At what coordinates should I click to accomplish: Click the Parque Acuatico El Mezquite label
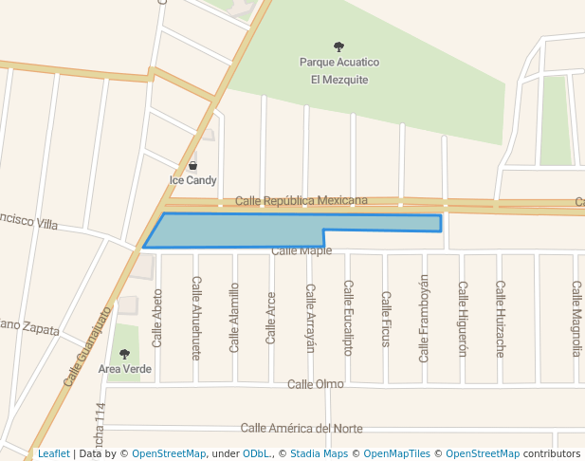point(339,71)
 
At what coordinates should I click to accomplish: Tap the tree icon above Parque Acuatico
point(339,46)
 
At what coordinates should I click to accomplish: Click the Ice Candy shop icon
point(193,165)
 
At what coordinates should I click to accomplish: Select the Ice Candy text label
point(193,180)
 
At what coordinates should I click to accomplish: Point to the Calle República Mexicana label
point(301,200)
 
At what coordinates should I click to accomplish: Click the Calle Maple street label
point(302,251)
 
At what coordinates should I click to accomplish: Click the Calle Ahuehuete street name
point(196,318)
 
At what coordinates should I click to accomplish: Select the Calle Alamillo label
point(234,318)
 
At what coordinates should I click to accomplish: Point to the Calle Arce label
point(271,318)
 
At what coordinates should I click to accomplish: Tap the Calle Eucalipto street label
point(348,318)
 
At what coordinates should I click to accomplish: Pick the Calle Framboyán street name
point(424,318)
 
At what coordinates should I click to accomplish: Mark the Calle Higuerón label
point(463,318)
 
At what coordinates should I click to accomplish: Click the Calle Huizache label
point(500,318)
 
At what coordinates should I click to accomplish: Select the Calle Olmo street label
point(316,384)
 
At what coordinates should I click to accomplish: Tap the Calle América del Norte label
point(302,429)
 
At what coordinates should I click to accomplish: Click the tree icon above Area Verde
point(124,354)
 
